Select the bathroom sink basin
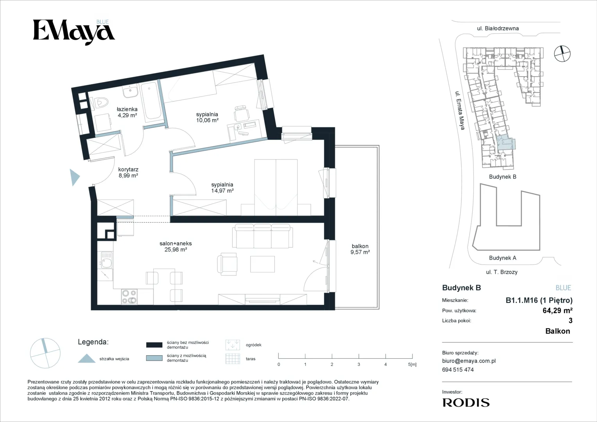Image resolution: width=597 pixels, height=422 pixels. (x=130, y=92)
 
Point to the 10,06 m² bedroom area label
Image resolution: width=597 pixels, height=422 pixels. (x=207, y=120)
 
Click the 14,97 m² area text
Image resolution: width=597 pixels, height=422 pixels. (x=222, y=191)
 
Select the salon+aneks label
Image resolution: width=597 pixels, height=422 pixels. (x=176, y=243)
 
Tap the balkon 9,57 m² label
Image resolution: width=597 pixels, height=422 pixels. (x=360, y=249)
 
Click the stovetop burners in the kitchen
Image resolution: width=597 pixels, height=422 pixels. (x=129, y=297)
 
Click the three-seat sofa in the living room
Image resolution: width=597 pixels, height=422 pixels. (x=262, y=236)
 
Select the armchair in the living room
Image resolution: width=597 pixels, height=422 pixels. (x=227, y=264)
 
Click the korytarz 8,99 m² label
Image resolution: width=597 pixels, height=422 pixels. (x=128, y=172)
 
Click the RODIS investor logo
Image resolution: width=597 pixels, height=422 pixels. (x=466, y=402)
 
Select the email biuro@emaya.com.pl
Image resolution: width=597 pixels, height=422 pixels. (x=469, y=361)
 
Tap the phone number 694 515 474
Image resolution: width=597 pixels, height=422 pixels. (x=458, y=370)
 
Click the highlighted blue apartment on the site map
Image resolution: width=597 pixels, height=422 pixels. (x=505, y=142)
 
